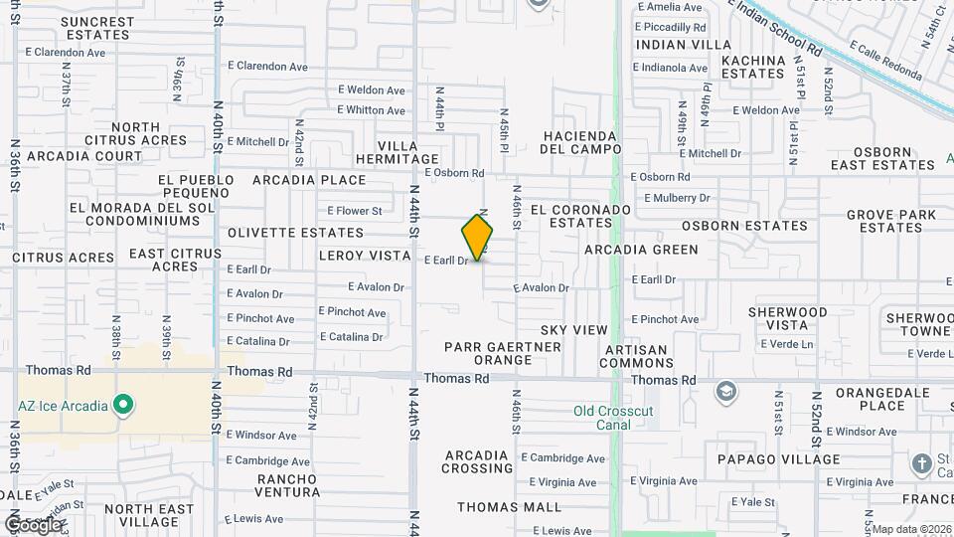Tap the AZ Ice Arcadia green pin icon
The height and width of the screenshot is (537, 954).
pyautogui.click(x=123, y=405)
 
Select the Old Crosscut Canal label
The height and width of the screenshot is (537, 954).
pyautogui.click(x=616, y=418)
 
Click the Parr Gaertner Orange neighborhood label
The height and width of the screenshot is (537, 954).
pyautogui.click(x=503, y=353)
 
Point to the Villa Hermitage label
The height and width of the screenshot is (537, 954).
pyautogui.click(x=408, y=151)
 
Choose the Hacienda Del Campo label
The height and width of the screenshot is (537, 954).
pyautogui.click(x=579, y=142)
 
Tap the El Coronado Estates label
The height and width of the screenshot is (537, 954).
pyautogui.click(x=580, y=217)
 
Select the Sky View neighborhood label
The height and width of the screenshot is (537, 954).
pyautogui.click(x=574, y=329)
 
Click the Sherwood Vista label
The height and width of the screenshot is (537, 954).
pyautogui.click(x=788, y=318)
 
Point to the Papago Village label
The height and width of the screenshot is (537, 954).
pyautogui.click(x=779, y=459)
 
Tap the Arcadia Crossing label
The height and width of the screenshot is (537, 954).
pyautogui.click(x=478, y=461)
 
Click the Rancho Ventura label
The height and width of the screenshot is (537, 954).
pyautogui.click(x=288, y=484)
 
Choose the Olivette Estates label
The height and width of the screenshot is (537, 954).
pyautogui.click(x=296, y=233)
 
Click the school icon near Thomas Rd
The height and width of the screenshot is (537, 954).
pyautogui.click(x=726, y=390)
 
